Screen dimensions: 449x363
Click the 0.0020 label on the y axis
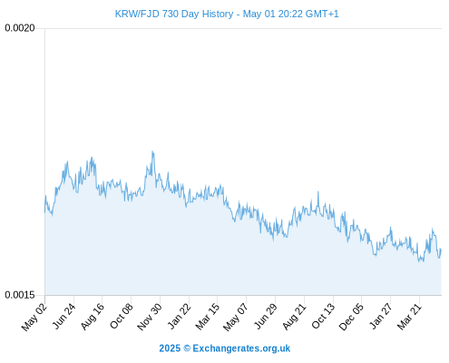pos(20,28)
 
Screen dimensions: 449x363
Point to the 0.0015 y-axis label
pos(20,295)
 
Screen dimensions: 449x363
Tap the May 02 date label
pos(34,317)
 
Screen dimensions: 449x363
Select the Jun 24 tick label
pos(63,316)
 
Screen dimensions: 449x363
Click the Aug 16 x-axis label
pos(93,316)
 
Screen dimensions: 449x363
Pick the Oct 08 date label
pos(122,316)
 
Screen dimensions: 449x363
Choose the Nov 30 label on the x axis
pos(150,317)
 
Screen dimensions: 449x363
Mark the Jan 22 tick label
pos(180,316)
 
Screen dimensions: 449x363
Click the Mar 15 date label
pos(208,317)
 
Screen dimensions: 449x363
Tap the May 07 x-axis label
pos(236,317)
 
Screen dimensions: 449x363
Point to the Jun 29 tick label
pos(265,316)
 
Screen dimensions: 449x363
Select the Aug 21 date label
pos(294,317)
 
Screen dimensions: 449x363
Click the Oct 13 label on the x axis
pos(323,316)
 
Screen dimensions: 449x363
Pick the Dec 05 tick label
pos(351,317)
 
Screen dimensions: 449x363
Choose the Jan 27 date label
pos(381,316)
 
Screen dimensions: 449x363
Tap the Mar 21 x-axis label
pos(409,317)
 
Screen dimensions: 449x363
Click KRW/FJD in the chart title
pos(137,14)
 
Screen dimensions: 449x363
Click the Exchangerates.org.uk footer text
pos(241,348)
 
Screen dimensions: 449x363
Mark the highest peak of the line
pos(152,152)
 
